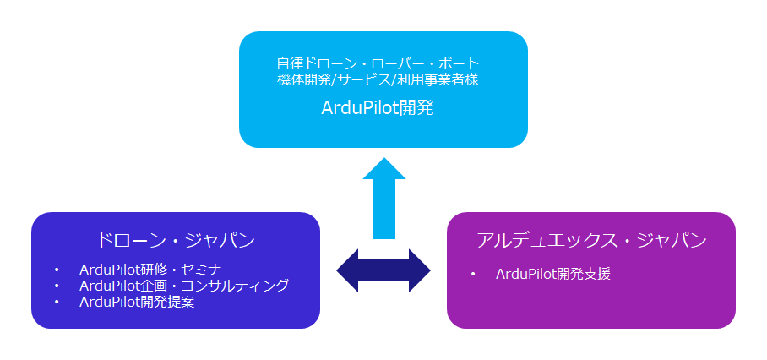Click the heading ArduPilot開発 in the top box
[378, 108]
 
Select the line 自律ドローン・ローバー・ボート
[378, 63]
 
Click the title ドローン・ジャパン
[176, 239]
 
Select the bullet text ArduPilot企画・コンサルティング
[184, 286]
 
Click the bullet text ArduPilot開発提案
[137, 302]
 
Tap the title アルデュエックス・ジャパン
[590, 240]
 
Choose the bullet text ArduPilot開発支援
[553, 274]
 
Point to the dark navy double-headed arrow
[383, 270]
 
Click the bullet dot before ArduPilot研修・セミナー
[56, 270]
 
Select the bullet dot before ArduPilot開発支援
[474, 275]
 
